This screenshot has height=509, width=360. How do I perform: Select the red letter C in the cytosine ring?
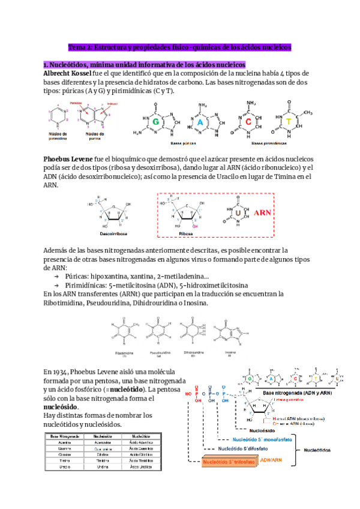248,122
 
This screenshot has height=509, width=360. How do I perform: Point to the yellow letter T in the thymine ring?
290,121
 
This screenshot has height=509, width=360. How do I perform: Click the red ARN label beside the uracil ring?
263,212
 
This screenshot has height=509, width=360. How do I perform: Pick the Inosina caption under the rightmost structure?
230,352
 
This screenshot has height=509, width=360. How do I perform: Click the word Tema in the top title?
78,46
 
